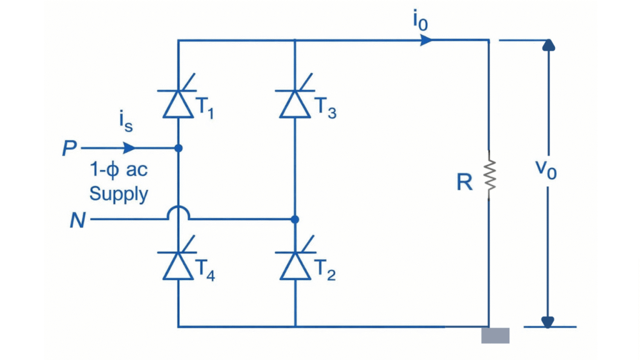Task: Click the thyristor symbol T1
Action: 178,103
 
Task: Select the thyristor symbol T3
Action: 295,103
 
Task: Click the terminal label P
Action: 69,149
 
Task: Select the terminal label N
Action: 77,220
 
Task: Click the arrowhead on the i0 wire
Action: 427,40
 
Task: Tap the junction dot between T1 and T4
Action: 178,149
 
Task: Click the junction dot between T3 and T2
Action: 295,219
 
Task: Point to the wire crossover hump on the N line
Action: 178,214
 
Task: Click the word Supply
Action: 119,193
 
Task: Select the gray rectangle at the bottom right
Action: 495,336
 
